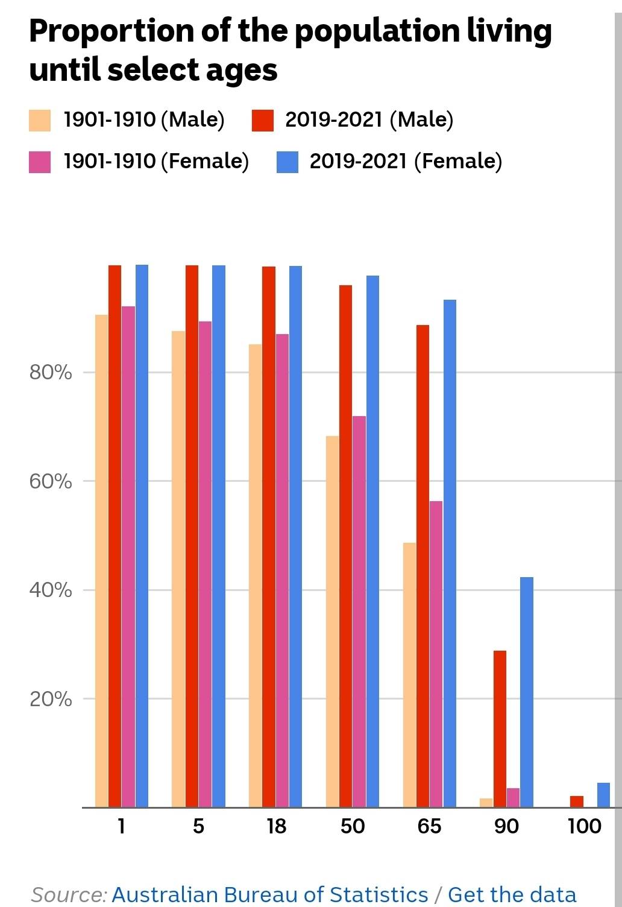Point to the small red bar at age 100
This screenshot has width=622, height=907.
coord(577,801)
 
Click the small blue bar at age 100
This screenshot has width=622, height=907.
coord(603,795)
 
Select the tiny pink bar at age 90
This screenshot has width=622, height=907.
coord(513,797)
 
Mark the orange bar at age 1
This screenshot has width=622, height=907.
coord(101,560)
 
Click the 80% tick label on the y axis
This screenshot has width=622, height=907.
coord(51,373)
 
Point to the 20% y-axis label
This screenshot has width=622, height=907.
coord(51,699)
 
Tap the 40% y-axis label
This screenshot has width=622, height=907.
coord(51,590)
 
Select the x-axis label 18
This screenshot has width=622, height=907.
coord(276,826)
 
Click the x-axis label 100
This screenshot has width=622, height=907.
coord(584,826)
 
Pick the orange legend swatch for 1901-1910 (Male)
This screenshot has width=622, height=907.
coord(40,120)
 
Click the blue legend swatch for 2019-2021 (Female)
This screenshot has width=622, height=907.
coord(287,162)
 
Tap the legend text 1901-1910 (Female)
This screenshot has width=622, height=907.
coord(156,162)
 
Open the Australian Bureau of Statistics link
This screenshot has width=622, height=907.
coord(270,894)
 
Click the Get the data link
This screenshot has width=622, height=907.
coord(512,894)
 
